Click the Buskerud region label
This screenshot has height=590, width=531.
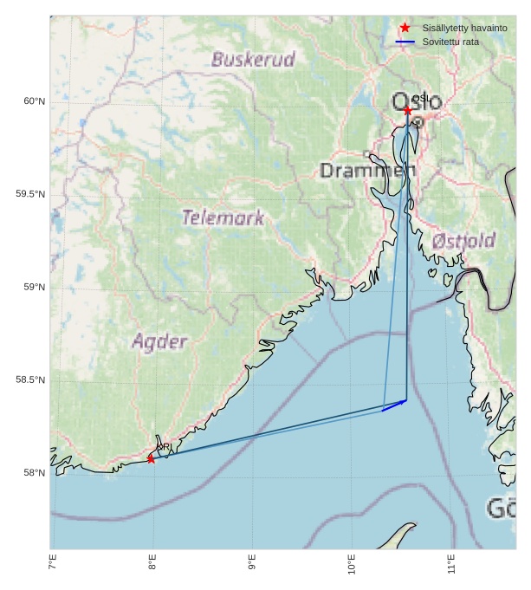pyautogui.click(x=253, y=60)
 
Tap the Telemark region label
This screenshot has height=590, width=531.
pyautogui.click(x=223, y=217)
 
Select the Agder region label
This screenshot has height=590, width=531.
pyautogui.click(x=159, y=341)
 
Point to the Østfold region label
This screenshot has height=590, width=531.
pyautogui.click(x=463, y=240)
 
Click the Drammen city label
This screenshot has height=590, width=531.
pyautogui.click(x=367, y=170)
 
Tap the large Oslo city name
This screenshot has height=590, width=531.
pyautogui.click(x=417, y=102)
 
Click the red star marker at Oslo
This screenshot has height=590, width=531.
pyautogui.click(x=407, y=111)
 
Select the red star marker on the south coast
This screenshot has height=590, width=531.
pyautogui.click(x=151, y=458)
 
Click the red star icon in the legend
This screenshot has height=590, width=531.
pyautogui.click(x=405, y=29)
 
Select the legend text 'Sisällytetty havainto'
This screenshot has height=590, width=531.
pyautogui.click(x=464, y=29)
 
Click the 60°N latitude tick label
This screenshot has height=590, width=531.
pyautogui.click(x=34, y=101)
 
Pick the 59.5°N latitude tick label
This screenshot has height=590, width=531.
pyautogui.click(x=30, y=194)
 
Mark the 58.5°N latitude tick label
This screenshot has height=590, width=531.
pyautogui.click(x=30, y=379)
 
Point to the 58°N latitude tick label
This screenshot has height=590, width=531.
pyautogui.click(x=34, y=472)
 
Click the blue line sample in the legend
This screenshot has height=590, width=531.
pyautogui.click(x=405, y=42)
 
